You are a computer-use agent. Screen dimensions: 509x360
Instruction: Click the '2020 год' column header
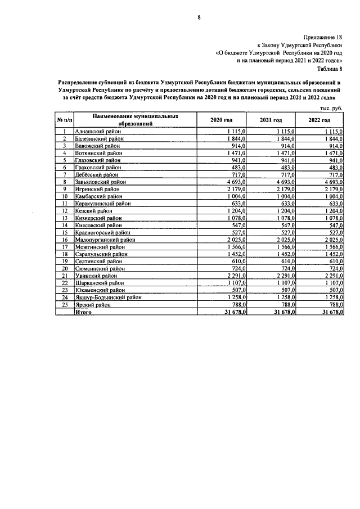tap(221, 120)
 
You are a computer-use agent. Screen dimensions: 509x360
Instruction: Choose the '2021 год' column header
tap(271, 120)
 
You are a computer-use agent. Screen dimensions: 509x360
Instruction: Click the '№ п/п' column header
tap(64, 120)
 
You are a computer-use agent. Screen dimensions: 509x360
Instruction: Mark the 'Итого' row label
tap(84, 311)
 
